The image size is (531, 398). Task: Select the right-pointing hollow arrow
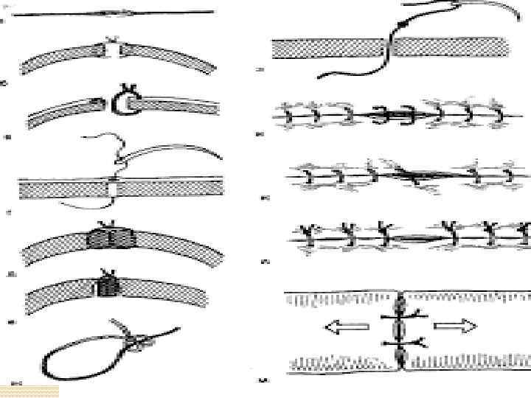(455, 327)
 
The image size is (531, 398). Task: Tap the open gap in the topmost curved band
(112, 50)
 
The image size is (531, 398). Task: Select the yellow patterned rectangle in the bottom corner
(29, 391)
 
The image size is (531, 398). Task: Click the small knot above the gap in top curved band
(111, 38)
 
